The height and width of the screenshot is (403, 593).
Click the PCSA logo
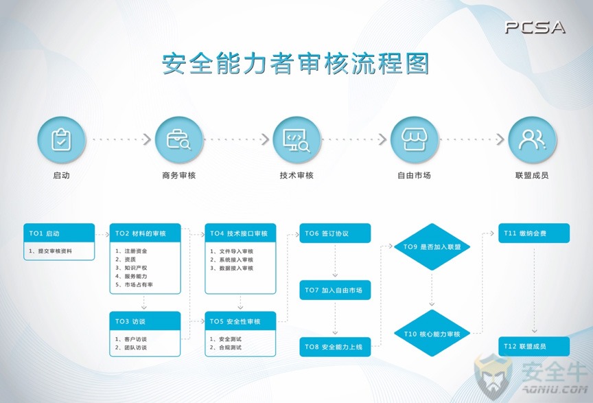click(x=535, y=27)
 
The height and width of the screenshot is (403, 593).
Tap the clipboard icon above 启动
click(x=61, y=139)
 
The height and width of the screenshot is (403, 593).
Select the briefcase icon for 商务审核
click(x=179, y=139)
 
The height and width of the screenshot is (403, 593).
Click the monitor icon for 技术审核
click(x=297, y=140)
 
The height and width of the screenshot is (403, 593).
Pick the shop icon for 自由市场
click(x=414, y=139)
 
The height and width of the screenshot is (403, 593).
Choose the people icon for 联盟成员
click(x=532, y=139)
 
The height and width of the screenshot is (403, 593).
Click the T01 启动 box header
click(x=59, y=233)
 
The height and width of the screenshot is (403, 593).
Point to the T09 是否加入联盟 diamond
click(x=432, y=246)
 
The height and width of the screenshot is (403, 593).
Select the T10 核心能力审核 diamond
click(x=432, y=334)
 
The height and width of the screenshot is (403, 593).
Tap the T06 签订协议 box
click(x=335, y=233)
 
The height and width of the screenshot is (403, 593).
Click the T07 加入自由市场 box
click(x=335, y=290)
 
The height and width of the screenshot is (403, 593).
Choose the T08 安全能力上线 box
click(x=335, y=347)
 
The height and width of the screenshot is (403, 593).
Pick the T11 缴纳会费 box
click(x=534, y=233)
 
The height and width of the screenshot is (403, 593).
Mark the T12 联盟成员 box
click(x=534, y=346)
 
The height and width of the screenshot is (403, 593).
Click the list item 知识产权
click(x=131, y=268)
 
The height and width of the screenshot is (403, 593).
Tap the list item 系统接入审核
click(x=231, y=260)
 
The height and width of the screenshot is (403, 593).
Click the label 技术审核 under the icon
click(x=297, y=175)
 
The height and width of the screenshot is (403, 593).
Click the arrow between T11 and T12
click(x=534, y=290)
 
